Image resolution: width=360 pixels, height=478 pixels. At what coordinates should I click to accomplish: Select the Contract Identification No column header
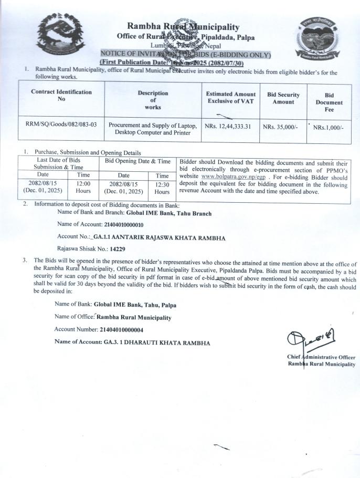tap(61, 95)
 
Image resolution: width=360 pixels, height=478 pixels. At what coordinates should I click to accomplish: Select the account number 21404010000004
tap(122, 330)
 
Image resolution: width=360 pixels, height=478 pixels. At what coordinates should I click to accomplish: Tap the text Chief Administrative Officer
tap(321, 357)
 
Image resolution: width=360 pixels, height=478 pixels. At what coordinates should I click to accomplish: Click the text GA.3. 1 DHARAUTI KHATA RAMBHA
tap(156, 343)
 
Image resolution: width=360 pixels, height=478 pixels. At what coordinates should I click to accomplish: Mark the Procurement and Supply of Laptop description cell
tap(152, 129)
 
